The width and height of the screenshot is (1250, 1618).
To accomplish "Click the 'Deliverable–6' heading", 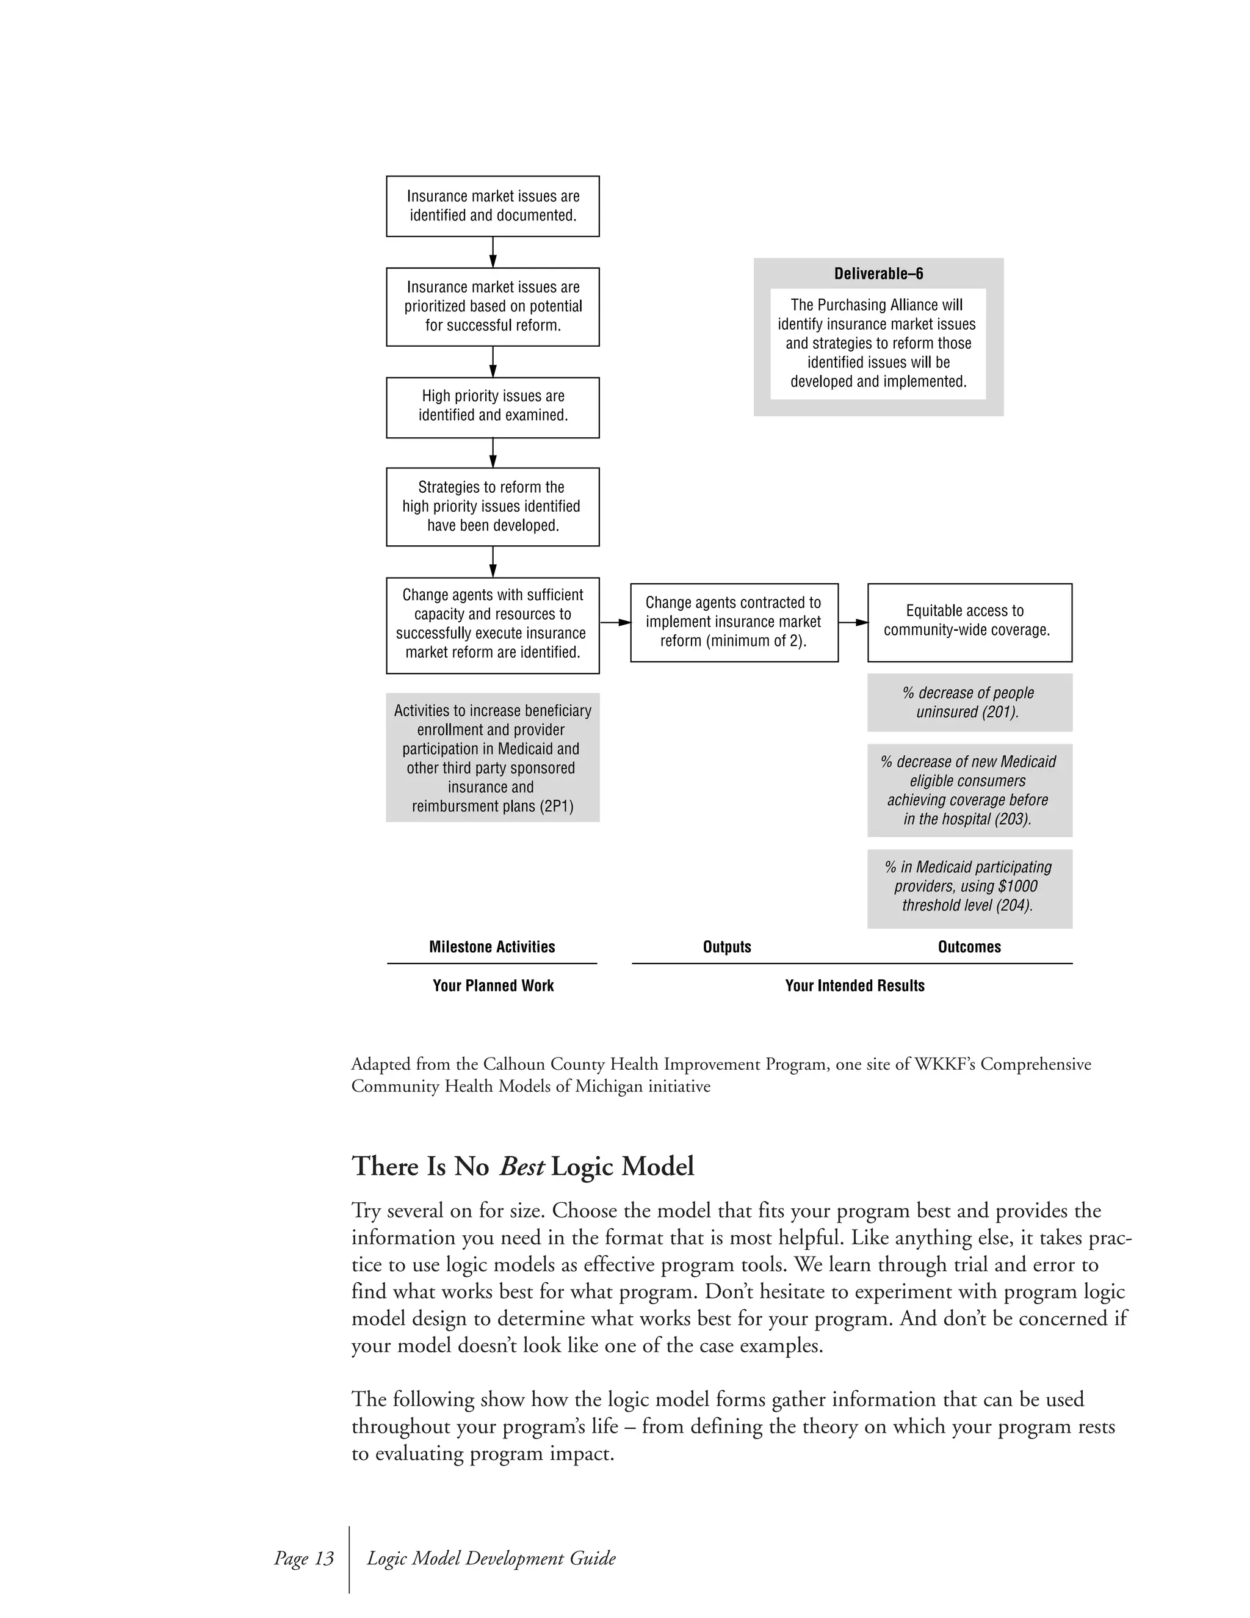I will point(878,274).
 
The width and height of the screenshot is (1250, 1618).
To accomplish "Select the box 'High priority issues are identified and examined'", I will point(493,407).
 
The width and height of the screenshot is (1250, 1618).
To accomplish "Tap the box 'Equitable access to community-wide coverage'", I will point(969,622).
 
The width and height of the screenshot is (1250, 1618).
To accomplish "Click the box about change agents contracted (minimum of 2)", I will point(734,622).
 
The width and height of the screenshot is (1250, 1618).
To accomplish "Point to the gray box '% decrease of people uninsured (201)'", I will point(969,702).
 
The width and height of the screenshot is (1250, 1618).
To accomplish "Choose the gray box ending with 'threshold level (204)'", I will point(969,888).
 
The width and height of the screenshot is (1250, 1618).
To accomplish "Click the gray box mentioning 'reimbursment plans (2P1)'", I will point(493,757).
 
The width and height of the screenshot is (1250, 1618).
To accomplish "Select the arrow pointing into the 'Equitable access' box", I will point(853,622).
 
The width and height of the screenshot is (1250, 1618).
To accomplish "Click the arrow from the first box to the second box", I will point(493,252).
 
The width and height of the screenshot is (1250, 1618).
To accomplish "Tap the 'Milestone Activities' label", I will point(492,947).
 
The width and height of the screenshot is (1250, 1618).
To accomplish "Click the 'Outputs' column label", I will point(726,947).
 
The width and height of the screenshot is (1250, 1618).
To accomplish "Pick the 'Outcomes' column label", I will point(969,947).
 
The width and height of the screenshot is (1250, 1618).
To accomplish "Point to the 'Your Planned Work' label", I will point(493,985).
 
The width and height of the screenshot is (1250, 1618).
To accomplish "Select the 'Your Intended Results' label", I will point(854,985).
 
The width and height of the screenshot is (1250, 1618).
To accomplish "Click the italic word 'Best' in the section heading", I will point(521,1166).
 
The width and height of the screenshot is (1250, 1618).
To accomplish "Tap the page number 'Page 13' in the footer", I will point(303,1558).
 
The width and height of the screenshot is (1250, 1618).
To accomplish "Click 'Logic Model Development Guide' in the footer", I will point(491,1558).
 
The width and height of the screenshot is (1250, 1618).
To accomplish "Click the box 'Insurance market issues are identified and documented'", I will point(493,206).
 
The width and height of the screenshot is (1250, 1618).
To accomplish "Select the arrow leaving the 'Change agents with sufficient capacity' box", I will point(615,622).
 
